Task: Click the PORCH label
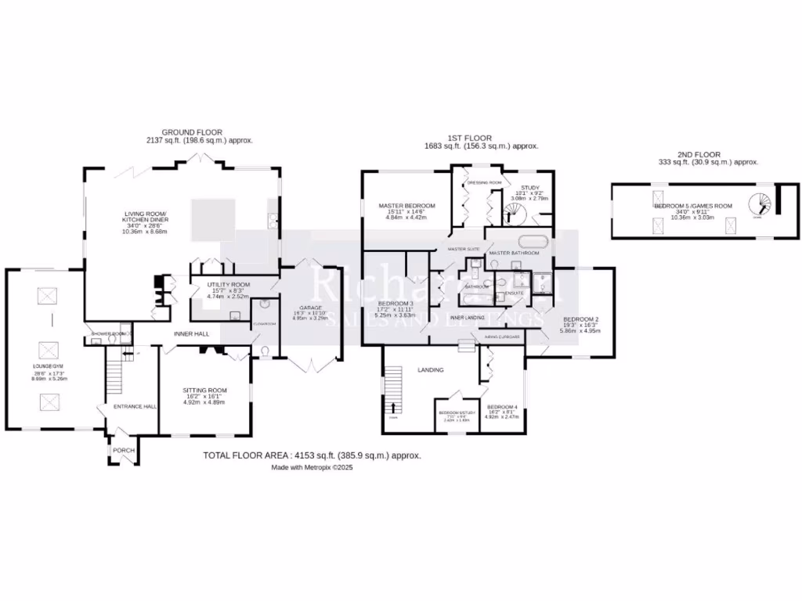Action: pos(122,451)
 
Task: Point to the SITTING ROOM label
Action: pos(204,390)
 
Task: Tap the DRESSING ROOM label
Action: pos(483,182)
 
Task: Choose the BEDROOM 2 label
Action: pos(580,319)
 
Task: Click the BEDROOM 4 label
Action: pos(502,408)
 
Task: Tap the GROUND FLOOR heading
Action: pos(192,132)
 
